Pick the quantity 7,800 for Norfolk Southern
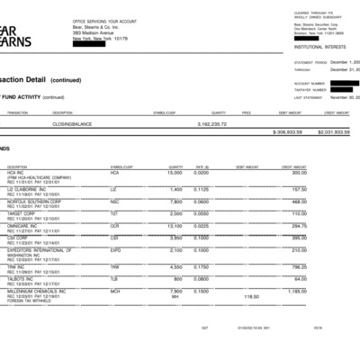[x=176, y=202]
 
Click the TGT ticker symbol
[x=113, y=214]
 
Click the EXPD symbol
[x=116, y=250]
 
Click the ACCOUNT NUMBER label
[x=309, y=83]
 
